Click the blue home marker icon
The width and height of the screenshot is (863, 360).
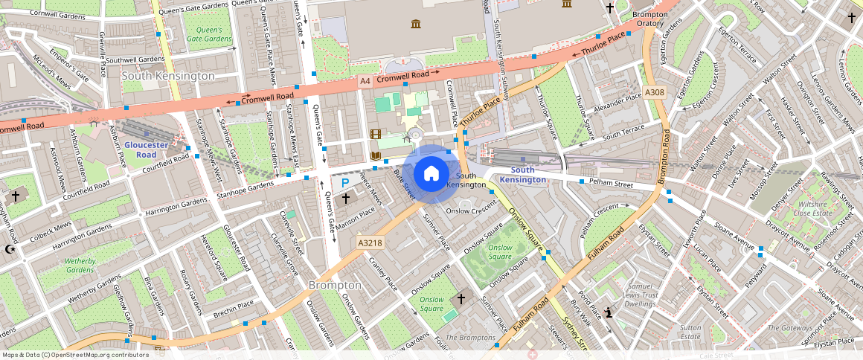click(x=431, y=174)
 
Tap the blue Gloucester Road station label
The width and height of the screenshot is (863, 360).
click(x=146, y=150)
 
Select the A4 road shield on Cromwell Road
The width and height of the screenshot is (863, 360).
click(x=365, y=80)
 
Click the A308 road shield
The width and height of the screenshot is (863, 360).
click(x=655, y=92)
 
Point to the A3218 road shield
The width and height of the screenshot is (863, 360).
click(x=370, y=242)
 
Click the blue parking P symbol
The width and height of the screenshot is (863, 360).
click(x=344, y=182)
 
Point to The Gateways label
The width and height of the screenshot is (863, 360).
click(x=789, y=328)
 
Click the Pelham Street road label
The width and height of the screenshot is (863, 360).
click(x=610, y=183)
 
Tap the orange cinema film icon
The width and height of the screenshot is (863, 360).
click(x=376, y=135)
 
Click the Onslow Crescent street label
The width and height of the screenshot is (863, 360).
click(x=470, y=210)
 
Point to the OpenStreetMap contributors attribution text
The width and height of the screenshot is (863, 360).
click(x=75, y=355)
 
